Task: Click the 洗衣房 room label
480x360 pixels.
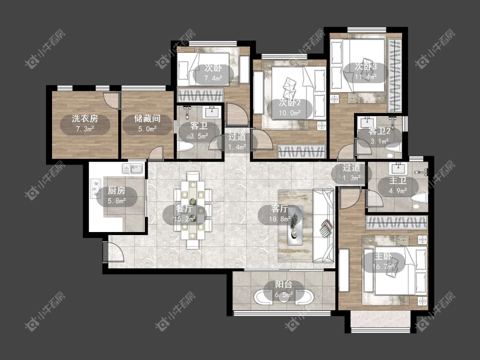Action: [x=85, y=119]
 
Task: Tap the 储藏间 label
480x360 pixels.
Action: [x=147, y=119]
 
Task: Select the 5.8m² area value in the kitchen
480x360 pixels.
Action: [x=116, y=201]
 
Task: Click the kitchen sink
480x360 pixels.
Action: [x=133, y=168]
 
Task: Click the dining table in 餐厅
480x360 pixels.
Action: [x=193, y=210]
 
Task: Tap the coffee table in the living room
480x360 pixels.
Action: [x=295, y=225]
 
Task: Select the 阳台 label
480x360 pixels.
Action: [x=283, y=285]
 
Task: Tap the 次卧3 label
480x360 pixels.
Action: [x=366, y=66]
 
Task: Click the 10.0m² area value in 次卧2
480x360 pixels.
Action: [x=290, y=113]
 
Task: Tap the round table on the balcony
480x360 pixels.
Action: [x=284, y=297]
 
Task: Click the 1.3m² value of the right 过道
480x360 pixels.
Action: [x=352, y=177]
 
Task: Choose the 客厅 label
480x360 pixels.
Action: [x=279, y=209]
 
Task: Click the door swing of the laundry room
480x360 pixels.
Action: [x=110, y=99]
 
